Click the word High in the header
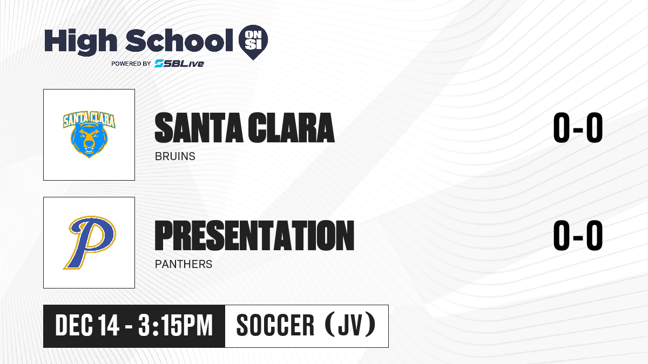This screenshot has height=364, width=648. click(x=80, y=42)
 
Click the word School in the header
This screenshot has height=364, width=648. click(x=179, y=40)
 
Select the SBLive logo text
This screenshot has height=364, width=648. click(x=179, y=64)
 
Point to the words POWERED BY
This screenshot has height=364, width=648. click(x=131, y=64)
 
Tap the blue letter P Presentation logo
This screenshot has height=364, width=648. click(x=90, y=243)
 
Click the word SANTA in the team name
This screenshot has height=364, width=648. click(x=199, y=128)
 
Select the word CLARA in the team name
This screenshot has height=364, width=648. click(x=291, y=128)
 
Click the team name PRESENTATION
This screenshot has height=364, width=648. click(x=254, y=236)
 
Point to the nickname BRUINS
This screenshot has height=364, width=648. click(x=175, y=156)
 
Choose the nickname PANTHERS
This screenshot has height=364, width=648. click(x=184, y=264)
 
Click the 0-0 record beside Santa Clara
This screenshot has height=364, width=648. click(x=578, y=128)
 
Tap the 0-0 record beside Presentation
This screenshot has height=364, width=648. click(x=578, y=236)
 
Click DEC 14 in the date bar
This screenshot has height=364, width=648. click(x=87, y=326)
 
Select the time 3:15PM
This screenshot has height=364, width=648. click(x=175, y=326)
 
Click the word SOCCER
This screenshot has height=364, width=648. click(x=275, y=326)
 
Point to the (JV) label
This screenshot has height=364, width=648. click(x=350, y=325)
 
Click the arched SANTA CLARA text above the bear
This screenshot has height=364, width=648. click(x=89, y=119)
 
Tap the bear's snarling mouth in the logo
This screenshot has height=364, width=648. click(x=89, y=150)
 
